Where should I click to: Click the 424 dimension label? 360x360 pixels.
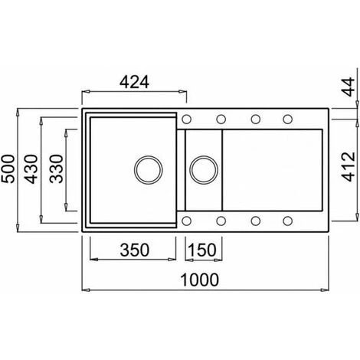(x=134, y=82)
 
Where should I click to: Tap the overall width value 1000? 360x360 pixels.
(x=199, y=280)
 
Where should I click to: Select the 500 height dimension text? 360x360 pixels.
(x=8, y=169)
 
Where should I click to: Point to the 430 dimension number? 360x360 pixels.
(x=31, y=169)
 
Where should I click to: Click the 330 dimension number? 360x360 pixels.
(x=56, y=169)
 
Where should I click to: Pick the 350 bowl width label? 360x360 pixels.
(x=135, y=250)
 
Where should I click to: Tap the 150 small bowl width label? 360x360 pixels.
(x=202, y=250)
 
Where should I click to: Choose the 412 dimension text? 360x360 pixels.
(x=349, y=167)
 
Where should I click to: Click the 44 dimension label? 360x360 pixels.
(x=349, y=87)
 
